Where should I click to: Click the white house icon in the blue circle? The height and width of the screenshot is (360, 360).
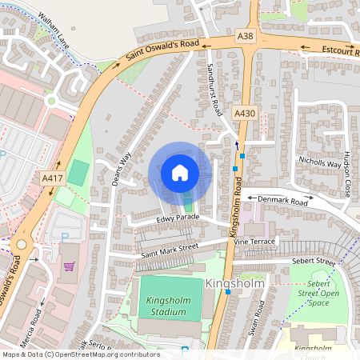pyautogui.click(x=180, y=173)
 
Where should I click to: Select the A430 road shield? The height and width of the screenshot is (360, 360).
pyautogui.click(x=245, y=114)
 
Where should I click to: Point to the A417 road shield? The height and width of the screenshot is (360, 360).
pyautogui.click(x=53, y=177)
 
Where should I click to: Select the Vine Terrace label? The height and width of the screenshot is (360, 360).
pyautogui.click(x=254, y=241)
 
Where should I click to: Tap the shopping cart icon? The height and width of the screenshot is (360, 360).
pyautogui.click(x=69, y=266)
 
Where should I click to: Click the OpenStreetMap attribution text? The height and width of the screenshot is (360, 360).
pyautogui.click(x=81, y=354)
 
